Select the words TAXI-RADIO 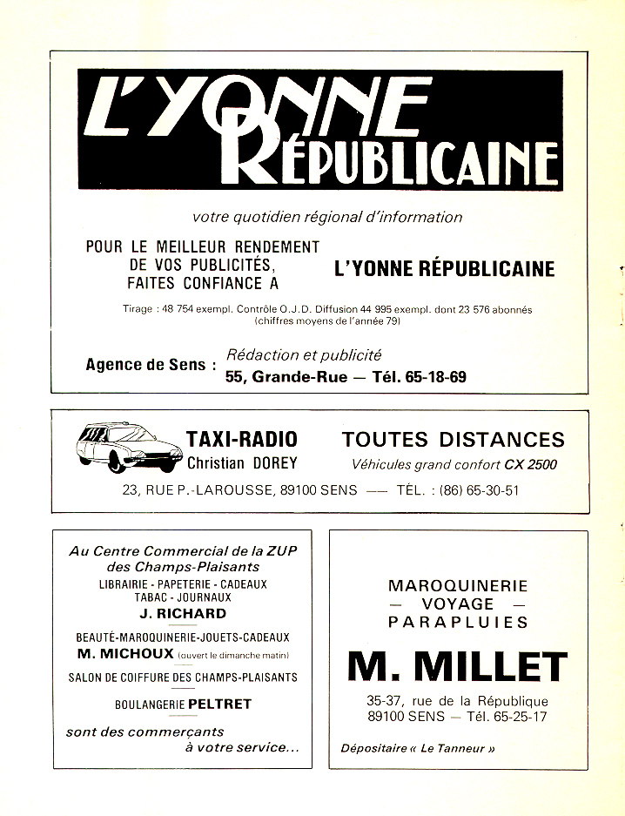coord(242,439)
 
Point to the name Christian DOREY coord(242,463)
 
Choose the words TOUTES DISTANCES coord(453,439)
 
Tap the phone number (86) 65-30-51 coord(474,489)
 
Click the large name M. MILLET coord(457,667)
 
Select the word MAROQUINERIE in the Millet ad coord(458,585)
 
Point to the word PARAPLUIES coord(458,622)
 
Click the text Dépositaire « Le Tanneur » coord(418,748)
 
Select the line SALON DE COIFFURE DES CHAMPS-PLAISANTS coord(183,677)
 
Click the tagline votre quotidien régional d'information coord(327,217)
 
